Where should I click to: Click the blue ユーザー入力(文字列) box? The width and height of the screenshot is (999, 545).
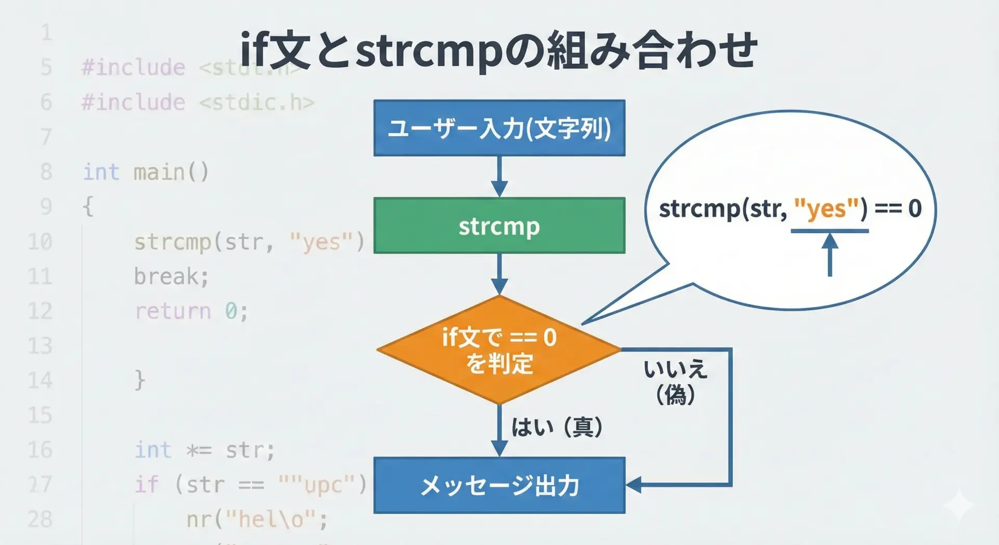(499, 128)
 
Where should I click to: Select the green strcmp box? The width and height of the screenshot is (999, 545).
(499, 225)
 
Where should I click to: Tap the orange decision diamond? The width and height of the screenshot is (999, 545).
(499, 350)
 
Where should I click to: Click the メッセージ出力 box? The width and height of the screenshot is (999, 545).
(499, 485)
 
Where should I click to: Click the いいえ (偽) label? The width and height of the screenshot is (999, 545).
(675, 382)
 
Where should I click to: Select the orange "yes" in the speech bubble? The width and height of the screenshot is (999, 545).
(826, 209)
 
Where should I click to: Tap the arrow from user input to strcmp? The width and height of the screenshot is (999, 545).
(499, 176)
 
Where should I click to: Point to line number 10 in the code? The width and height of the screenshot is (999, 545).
(40, 242)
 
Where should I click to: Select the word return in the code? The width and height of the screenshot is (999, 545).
(173, 311)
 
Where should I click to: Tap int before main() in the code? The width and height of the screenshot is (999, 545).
(101, 172)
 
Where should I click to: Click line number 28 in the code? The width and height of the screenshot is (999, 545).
(40, 519)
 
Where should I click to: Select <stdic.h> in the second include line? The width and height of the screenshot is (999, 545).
(257, 103)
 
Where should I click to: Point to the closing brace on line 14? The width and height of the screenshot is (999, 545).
(139, 380)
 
